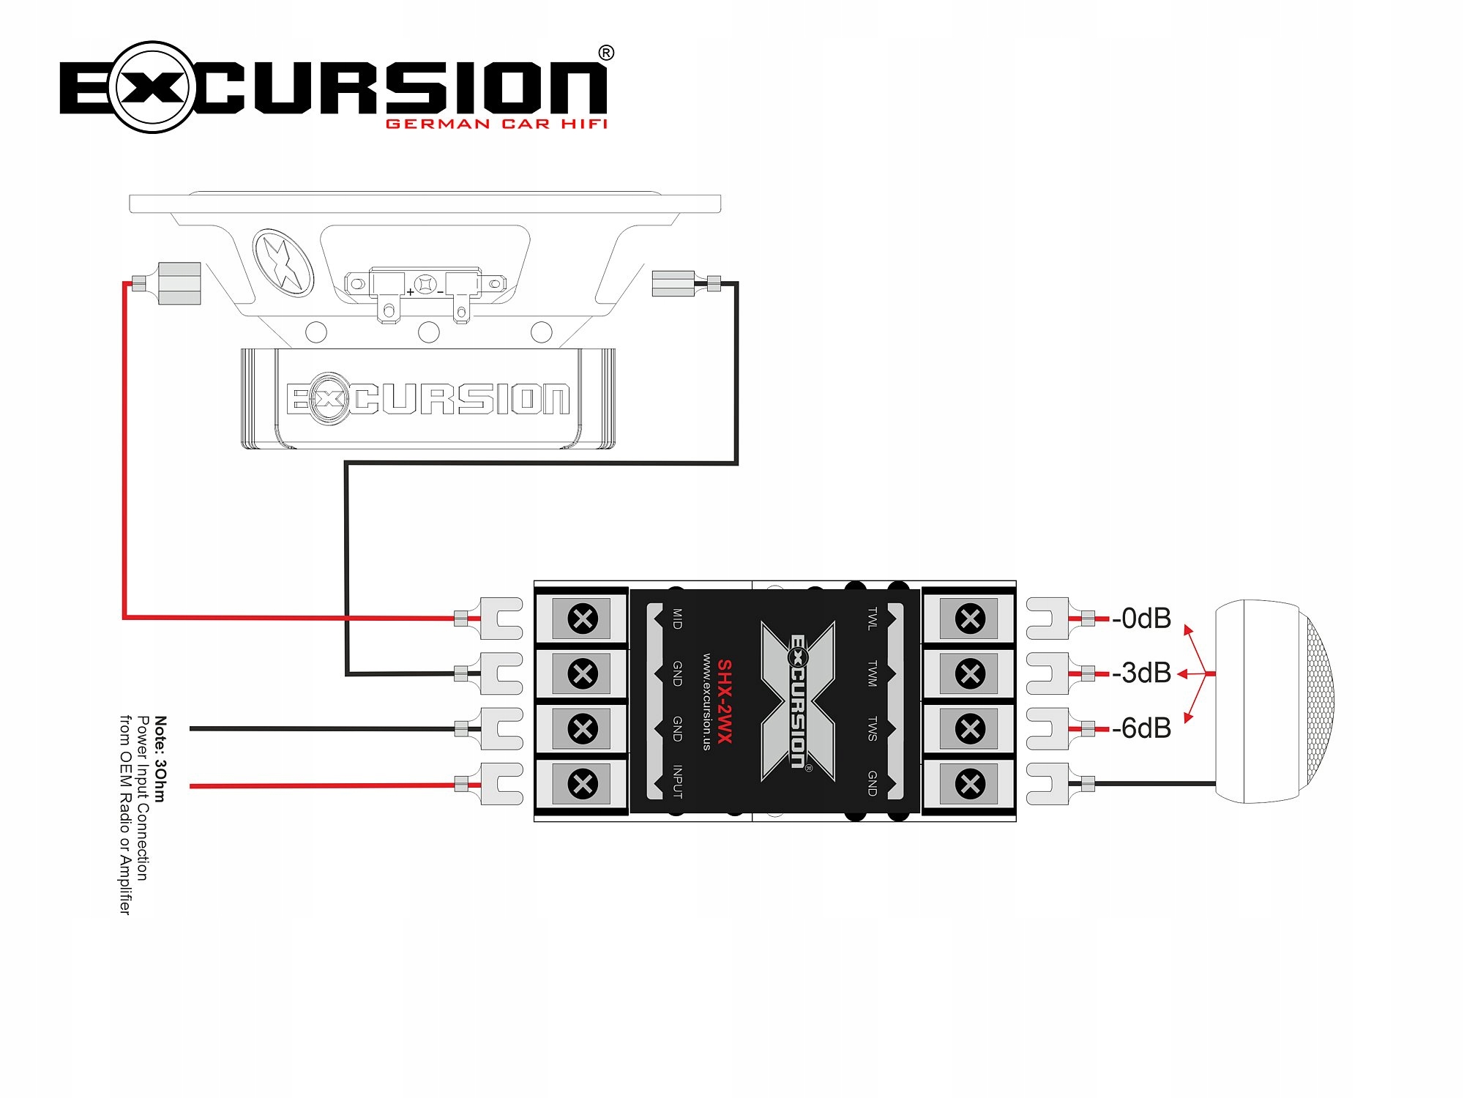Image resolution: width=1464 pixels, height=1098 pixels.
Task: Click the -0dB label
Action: tap(1142, 619)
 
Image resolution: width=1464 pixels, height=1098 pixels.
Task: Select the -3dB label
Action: tap(1142, 673)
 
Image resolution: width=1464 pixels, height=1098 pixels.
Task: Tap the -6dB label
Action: tap(1142, 728)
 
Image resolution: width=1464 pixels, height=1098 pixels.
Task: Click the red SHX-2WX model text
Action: tap(724, 701)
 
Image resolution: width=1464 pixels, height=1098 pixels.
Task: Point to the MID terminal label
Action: tap(677, 619)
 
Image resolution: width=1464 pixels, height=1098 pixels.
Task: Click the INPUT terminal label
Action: tap(677, 782)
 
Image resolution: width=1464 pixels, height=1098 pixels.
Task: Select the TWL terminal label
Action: tap(872, 619)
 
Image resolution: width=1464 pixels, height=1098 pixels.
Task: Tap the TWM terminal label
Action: tap(872, 673)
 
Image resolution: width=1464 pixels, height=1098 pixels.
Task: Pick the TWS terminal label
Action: tap(872, 728)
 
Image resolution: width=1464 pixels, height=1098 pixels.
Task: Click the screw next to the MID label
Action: tap(583, 619)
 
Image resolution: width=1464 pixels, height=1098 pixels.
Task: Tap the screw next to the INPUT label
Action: tap(583, 784)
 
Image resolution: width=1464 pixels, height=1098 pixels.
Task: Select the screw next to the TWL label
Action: tap(970, 619)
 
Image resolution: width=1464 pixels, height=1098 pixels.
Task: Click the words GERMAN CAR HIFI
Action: tap(496, 124)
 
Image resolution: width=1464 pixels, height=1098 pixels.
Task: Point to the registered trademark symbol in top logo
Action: tap(606, 53)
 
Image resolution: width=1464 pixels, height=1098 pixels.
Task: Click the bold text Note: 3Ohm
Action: tap(160, 759)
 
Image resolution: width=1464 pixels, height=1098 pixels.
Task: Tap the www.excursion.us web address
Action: tap(706, 701)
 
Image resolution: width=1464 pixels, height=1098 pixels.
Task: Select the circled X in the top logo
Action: tap(153, 87)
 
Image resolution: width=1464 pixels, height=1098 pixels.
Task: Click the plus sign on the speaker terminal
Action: tap(411, 291)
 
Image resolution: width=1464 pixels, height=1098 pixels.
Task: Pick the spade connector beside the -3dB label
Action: tap(1047, 673)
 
